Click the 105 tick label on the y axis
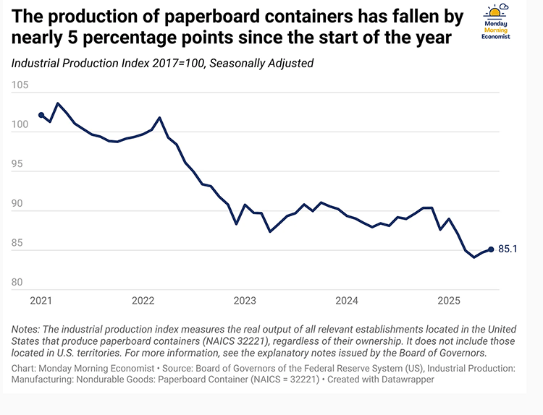(20, 85)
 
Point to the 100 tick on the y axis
(20, 125)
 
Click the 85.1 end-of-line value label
(509, 249)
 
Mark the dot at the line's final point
(492, 249)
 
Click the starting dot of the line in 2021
(41, 115)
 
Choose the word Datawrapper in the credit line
(410, 380)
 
